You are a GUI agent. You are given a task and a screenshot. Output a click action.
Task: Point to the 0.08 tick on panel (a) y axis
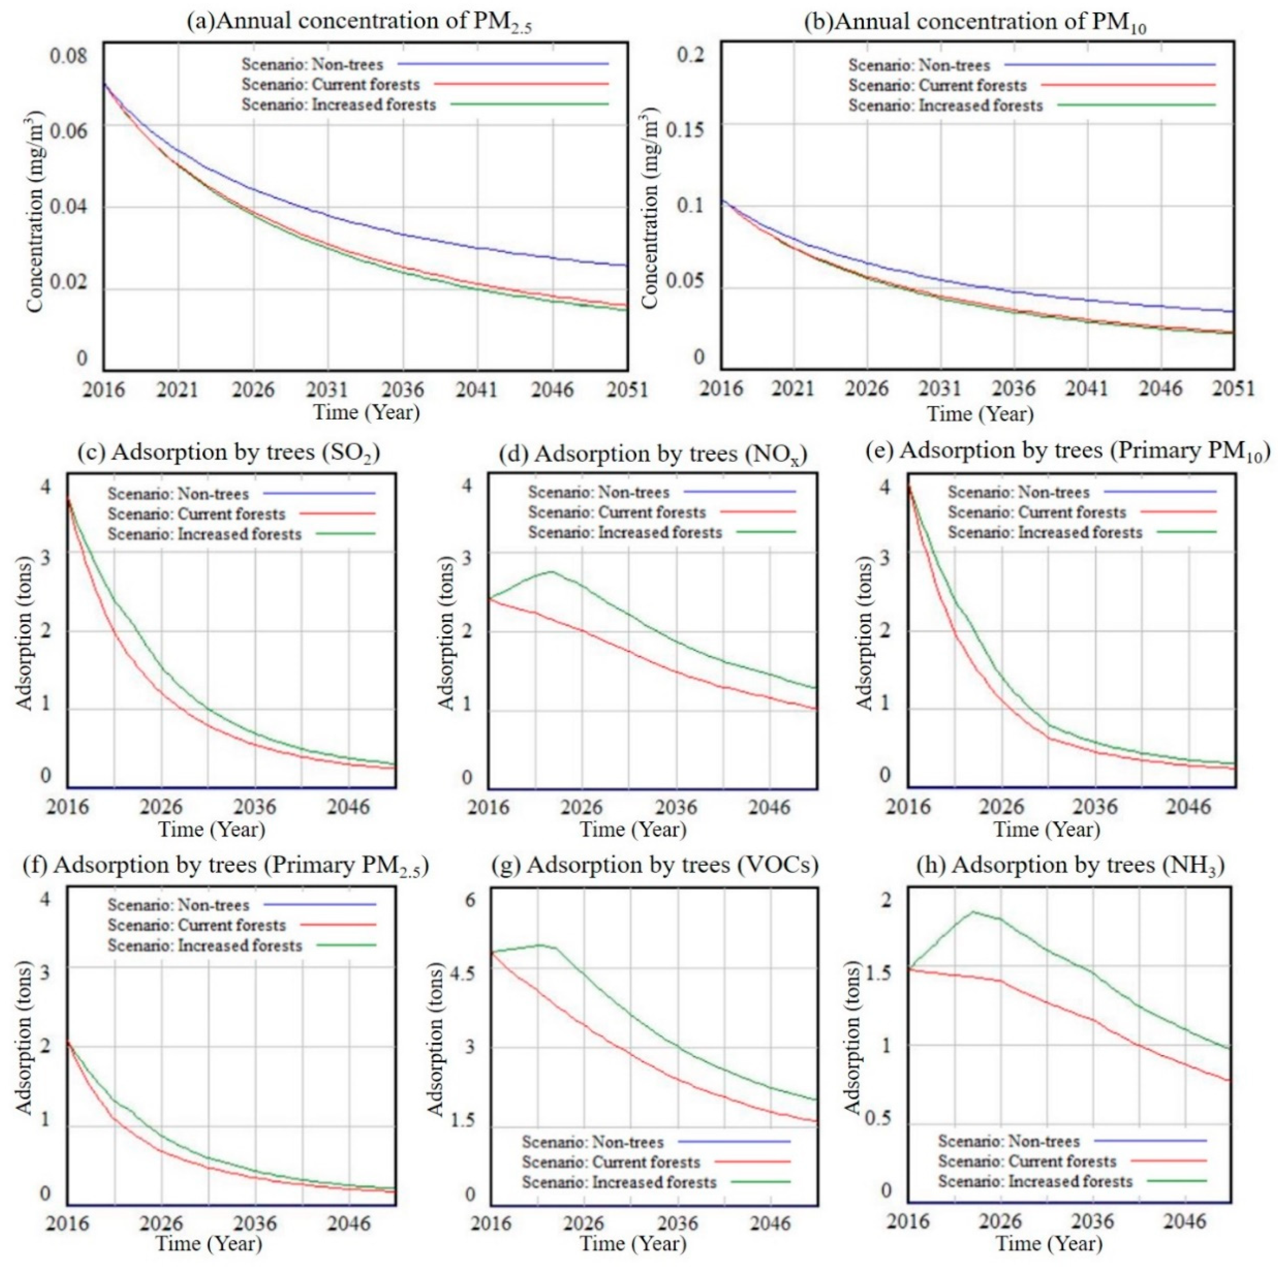[68, 55]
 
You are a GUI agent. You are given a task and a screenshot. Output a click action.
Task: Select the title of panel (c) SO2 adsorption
[229, 453]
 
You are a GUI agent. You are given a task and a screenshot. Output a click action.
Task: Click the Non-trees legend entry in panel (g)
[592, 1142]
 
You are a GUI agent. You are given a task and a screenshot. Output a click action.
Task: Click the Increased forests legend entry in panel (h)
[1035, 1181]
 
